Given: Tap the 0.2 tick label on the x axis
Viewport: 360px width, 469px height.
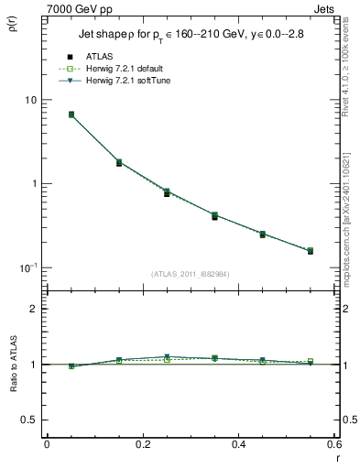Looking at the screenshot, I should coord(143,444).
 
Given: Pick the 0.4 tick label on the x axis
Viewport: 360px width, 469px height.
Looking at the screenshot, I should coord(238,444).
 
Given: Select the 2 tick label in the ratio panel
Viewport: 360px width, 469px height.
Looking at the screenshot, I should coord(33,309).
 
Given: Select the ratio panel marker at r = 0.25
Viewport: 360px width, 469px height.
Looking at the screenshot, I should coord(167,358).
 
